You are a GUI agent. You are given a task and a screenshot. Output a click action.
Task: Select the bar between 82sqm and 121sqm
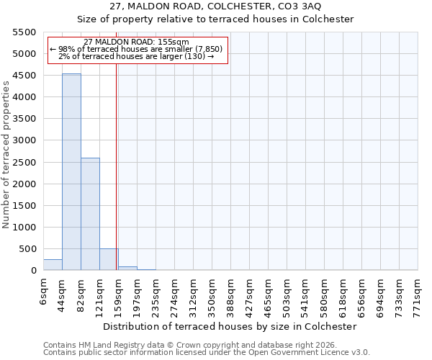pyautogui.click(x=90, y=214)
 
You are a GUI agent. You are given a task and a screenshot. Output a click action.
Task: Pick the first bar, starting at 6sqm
pyautogui.click(x=53, y=264)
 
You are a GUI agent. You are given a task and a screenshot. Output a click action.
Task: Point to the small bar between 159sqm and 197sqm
pyautogui.click(x=127, y=268)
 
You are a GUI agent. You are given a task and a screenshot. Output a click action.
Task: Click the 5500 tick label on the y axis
pyautogui.click(x=24, y=32)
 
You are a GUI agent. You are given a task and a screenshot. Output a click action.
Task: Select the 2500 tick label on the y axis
pyautogui.click(x=24, y=162)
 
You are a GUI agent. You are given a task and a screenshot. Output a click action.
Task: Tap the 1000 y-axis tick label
pyautogui.click(x=24, y=228)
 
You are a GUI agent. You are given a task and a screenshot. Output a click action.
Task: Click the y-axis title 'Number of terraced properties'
pyautogui.click(x=7, y=155)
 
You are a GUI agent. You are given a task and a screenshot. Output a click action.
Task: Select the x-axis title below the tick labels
pyautogui.click(x=230, y=326)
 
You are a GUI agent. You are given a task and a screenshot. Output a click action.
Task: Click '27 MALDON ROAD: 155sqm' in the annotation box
pyautogui.click(x=136, y=42)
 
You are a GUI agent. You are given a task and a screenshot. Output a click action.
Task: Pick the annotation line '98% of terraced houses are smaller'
pyautogui.click(x=136, y=49)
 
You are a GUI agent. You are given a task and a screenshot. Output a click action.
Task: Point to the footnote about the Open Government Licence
pyautogui.click(x=207, y=353)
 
